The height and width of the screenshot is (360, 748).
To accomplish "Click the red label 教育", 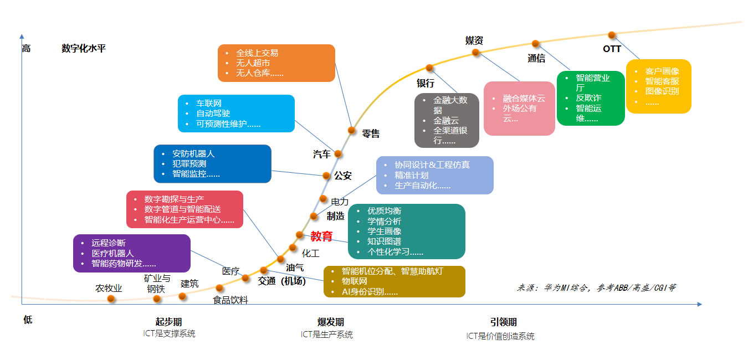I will (321, 236).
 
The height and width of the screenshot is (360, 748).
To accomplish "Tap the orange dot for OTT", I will (612, 35).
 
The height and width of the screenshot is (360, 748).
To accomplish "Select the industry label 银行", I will (426, 83).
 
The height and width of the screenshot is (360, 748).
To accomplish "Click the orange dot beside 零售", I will (351, 130).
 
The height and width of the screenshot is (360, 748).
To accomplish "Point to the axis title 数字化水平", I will (84, 48).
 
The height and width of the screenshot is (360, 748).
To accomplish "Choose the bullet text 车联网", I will (209, 104).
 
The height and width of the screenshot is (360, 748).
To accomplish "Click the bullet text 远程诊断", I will (109, 243).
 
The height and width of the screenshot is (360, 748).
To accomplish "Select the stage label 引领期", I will (503, 322).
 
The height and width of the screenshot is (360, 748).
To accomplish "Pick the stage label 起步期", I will (168, 322).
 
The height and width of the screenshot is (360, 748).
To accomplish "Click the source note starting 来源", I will (596, 287).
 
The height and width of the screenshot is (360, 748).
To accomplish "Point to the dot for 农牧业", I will (111, 299).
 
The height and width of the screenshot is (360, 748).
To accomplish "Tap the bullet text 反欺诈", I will (588, 98).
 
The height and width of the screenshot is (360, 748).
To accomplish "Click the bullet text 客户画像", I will (662, 71).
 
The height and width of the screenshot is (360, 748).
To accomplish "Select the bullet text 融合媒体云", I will (524, 98).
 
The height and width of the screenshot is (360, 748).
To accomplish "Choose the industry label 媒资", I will (474, 40).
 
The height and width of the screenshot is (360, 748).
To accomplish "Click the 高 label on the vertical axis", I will (26, 48).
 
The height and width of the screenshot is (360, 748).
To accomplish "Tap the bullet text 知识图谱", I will (384, 241).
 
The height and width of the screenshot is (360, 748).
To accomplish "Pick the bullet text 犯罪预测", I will (189, 164).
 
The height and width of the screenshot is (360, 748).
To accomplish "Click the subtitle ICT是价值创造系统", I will (500, 336).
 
